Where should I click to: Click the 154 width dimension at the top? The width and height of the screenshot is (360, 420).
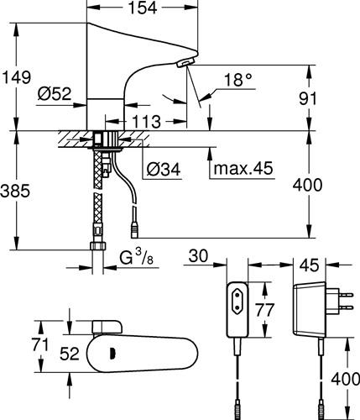(x=143, y=8)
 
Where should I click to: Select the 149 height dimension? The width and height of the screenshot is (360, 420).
(x=17, y=77)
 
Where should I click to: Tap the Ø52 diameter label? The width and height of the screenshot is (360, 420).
(x=55, y=93)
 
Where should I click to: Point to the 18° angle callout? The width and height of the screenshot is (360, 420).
(x=238, y=80)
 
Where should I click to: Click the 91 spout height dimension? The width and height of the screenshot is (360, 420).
(x=308, y=98)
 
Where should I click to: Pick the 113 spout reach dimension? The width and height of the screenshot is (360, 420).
(x=146, y=122)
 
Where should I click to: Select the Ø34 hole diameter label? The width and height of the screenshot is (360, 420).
(x=164, y=169)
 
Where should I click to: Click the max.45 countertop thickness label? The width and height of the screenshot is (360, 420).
(x=243, y=168)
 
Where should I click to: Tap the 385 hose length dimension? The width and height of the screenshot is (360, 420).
(x=15, y=191)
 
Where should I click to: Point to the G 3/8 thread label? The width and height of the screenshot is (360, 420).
(x=136, y=257)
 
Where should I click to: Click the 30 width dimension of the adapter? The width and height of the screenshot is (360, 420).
(x=198, y=256)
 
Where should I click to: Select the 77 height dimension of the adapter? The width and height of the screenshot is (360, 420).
(x=265, y=310)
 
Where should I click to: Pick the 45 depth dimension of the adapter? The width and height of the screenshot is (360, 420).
(x=309, y=265)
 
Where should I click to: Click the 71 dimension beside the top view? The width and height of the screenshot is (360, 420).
(x=40, y=344)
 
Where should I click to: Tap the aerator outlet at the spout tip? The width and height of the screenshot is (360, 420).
(x=185, y=62)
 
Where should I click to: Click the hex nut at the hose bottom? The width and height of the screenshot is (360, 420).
(x=98, y=246)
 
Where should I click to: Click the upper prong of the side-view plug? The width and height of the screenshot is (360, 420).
(x=346, y=294)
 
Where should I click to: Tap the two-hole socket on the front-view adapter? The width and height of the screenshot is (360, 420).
(x=237, y=302)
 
